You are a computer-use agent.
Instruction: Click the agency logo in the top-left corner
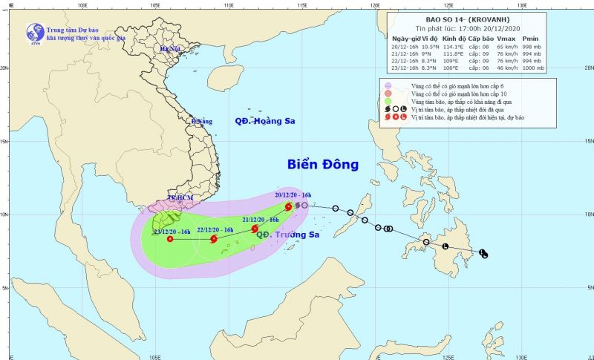point(33,31)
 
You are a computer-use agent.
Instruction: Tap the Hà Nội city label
point(170,49)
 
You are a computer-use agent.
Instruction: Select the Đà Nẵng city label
point(201,121)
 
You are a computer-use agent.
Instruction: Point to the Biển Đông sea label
point(323,164)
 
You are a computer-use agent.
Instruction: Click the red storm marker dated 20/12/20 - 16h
point(288,207)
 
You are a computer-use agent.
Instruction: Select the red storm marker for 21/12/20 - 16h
point(255,229)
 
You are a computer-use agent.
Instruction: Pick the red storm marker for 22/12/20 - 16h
point(214,240)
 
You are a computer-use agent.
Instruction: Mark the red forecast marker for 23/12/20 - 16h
point(170,240)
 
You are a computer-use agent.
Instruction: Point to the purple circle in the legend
point(388,86)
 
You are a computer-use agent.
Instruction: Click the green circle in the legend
point(388,101)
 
